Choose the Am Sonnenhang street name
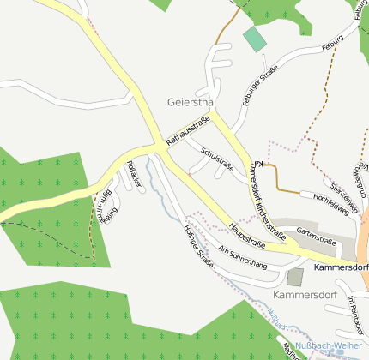point(243,258)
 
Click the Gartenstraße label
point(315,231)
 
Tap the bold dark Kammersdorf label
point(341,267)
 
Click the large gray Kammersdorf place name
point(304,295)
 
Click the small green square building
point(255,39)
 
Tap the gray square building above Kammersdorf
point(295,277)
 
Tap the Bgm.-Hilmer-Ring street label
point(106,207)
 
